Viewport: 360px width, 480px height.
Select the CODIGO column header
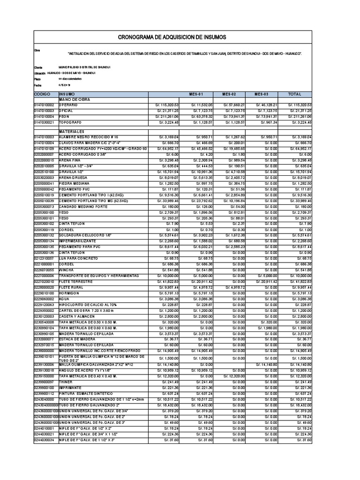[43, 94]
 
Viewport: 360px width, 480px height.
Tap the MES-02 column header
[229, 94]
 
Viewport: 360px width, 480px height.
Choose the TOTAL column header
[295, 94]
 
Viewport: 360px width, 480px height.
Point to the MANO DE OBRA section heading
[74, 100]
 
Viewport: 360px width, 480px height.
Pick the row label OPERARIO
[69, 105]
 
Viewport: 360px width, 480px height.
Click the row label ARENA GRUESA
[73, 178]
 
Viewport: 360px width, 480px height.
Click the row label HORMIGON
[69, 293]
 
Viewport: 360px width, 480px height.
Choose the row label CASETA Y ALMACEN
[77, 316]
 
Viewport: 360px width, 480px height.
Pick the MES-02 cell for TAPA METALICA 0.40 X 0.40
[230, 376]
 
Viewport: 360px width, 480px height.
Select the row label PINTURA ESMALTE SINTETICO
[84, 393]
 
